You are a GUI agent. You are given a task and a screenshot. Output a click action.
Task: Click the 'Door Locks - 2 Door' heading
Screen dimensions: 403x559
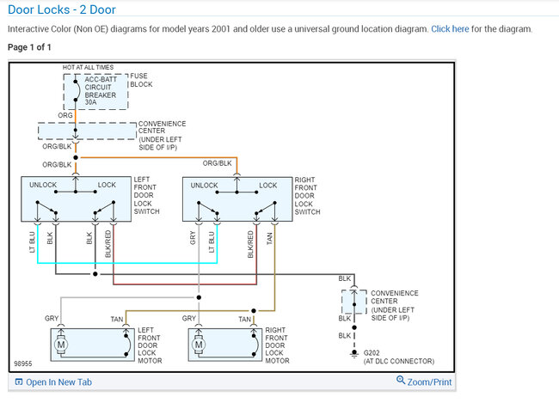tap(61, 9)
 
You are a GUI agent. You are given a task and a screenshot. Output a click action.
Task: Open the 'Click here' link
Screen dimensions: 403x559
tap(450, 28)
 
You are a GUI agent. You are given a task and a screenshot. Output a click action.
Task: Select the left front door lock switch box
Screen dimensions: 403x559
tap(76, 199)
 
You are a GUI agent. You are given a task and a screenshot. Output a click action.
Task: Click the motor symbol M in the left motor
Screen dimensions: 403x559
tap(61, 345)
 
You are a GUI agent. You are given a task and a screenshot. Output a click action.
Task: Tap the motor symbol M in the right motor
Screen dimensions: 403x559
tap(200, 345)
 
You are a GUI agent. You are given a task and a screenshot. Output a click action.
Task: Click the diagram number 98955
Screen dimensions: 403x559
tap(25, 363)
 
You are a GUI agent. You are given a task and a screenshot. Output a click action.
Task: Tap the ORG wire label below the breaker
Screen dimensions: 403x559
tap(65, 114)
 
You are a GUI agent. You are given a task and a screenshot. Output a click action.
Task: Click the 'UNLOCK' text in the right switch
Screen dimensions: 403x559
tap(205, 186)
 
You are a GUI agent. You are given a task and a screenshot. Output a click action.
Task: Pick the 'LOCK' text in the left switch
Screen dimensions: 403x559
tap(107, 186)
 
